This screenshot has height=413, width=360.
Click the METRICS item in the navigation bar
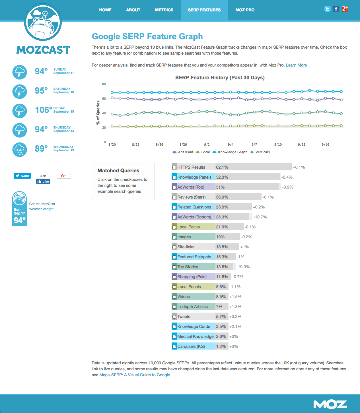click(164, 10)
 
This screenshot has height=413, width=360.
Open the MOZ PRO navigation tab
click(245, 10)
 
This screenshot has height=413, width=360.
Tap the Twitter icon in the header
click(328, 9)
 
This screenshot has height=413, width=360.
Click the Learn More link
click(296, 65)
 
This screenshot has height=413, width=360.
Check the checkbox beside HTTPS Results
click(174, 168)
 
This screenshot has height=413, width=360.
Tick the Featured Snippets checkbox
click(174, 257)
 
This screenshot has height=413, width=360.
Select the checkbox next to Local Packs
click(174, 227)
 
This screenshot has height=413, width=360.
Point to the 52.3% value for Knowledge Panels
click(222, 177)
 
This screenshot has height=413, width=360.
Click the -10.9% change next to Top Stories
click(243, 267)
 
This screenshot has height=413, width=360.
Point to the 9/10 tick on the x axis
click(278, 144)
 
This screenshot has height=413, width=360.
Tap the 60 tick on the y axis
click(104, 99)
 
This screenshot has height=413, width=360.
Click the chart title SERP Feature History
click(220, 78)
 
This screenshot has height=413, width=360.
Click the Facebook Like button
click(43, 181)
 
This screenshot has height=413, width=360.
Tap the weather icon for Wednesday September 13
click(20, 150)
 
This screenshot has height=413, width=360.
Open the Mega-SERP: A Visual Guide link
click(135, 375)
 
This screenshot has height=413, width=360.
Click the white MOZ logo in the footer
click(330, 404)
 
